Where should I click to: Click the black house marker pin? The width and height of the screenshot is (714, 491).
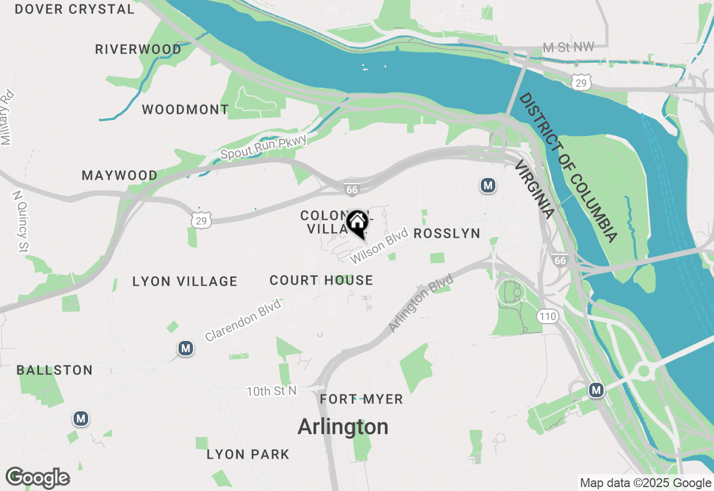[357, 223]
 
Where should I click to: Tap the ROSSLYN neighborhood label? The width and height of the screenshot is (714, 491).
[447, 233]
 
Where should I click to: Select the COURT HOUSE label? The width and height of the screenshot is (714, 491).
[321, 280]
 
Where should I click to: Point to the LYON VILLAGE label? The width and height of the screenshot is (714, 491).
[185, 282]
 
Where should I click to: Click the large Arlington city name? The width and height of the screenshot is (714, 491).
[343, 427]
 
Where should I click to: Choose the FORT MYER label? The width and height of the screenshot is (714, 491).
[361, 399]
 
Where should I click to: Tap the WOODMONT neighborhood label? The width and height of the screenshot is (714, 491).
[185, 109]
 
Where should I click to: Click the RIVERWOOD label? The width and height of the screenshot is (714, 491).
[138, 50]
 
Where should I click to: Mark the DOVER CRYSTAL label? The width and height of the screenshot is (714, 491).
[75, 9]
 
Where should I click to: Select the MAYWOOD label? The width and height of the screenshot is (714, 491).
[120, 176]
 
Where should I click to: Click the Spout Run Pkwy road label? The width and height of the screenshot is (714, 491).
[263, 147]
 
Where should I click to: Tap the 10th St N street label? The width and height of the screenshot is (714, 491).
[272, 391]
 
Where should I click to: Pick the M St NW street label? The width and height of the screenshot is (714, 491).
[568, 48]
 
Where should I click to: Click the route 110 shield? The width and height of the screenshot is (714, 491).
[548, 317]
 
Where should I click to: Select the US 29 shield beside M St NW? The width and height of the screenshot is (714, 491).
[581, 83]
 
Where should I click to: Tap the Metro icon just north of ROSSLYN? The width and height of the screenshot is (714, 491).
[488, 185]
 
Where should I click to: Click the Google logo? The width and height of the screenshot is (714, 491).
[38, 478]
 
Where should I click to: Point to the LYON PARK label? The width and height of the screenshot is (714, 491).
[248, 455]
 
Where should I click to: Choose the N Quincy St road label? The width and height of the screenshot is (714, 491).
[21, 221]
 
